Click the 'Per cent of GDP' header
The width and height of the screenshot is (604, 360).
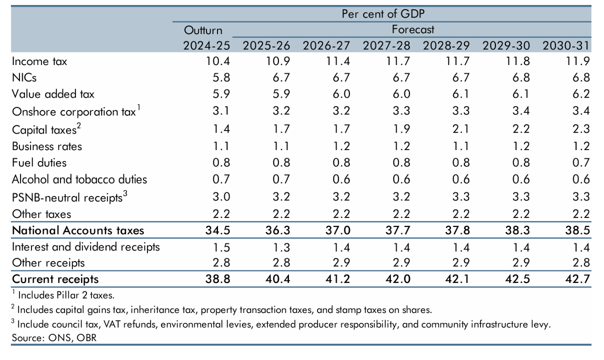382,14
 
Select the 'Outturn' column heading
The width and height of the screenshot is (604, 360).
203,30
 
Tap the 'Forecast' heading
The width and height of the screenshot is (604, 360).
412,30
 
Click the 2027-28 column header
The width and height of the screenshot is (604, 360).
386,45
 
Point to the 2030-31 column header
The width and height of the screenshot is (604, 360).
566,45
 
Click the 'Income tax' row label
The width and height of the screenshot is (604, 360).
39,61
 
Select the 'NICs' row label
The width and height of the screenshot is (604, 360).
24,77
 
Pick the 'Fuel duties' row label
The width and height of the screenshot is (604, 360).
39,162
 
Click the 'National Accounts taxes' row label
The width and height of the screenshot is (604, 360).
77,230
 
